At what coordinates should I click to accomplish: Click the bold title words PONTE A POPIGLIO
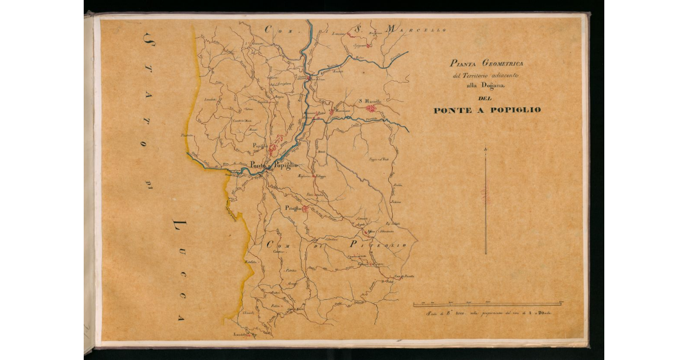click(x=487, y=110)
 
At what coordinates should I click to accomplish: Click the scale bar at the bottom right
click(x=487, y=304)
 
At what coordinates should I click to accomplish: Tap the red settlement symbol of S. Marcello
click(x=371, y=108)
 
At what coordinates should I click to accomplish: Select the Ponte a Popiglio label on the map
click(x=273, y=166)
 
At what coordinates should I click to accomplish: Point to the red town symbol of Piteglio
click(x=306, y=209)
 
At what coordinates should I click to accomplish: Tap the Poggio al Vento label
click(x=378, y=159)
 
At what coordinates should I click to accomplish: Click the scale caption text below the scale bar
click(x=487, y=314)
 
